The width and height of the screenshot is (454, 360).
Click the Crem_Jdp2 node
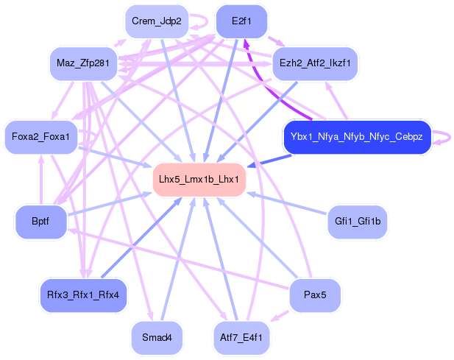coord(157,21)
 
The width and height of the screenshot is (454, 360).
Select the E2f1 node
coord(241,21)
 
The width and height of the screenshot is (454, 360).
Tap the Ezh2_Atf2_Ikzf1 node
coord(315,64)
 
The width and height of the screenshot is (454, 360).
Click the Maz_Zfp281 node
coord(83,64)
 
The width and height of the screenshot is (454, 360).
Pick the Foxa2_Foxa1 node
coord(41,137)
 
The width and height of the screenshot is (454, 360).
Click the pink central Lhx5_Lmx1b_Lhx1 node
coord(199,179)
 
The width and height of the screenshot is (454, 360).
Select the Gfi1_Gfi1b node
coord(357,222)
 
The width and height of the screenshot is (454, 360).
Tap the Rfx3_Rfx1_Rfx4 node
coord(83,294)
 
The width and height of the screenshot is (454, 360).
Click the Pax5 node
coord(315,294)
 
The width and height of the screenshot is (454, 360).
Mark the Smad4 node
coord(157,337)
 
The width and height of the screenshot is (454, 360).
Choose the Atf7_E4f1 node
coord(241,337)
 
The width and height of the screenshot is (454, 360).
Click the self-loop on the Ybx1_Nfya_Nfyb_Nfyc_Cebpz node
coord(441,137)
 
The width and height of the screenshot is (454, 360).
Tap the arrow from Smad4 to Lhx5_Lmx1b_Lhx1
coord(177,258)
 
